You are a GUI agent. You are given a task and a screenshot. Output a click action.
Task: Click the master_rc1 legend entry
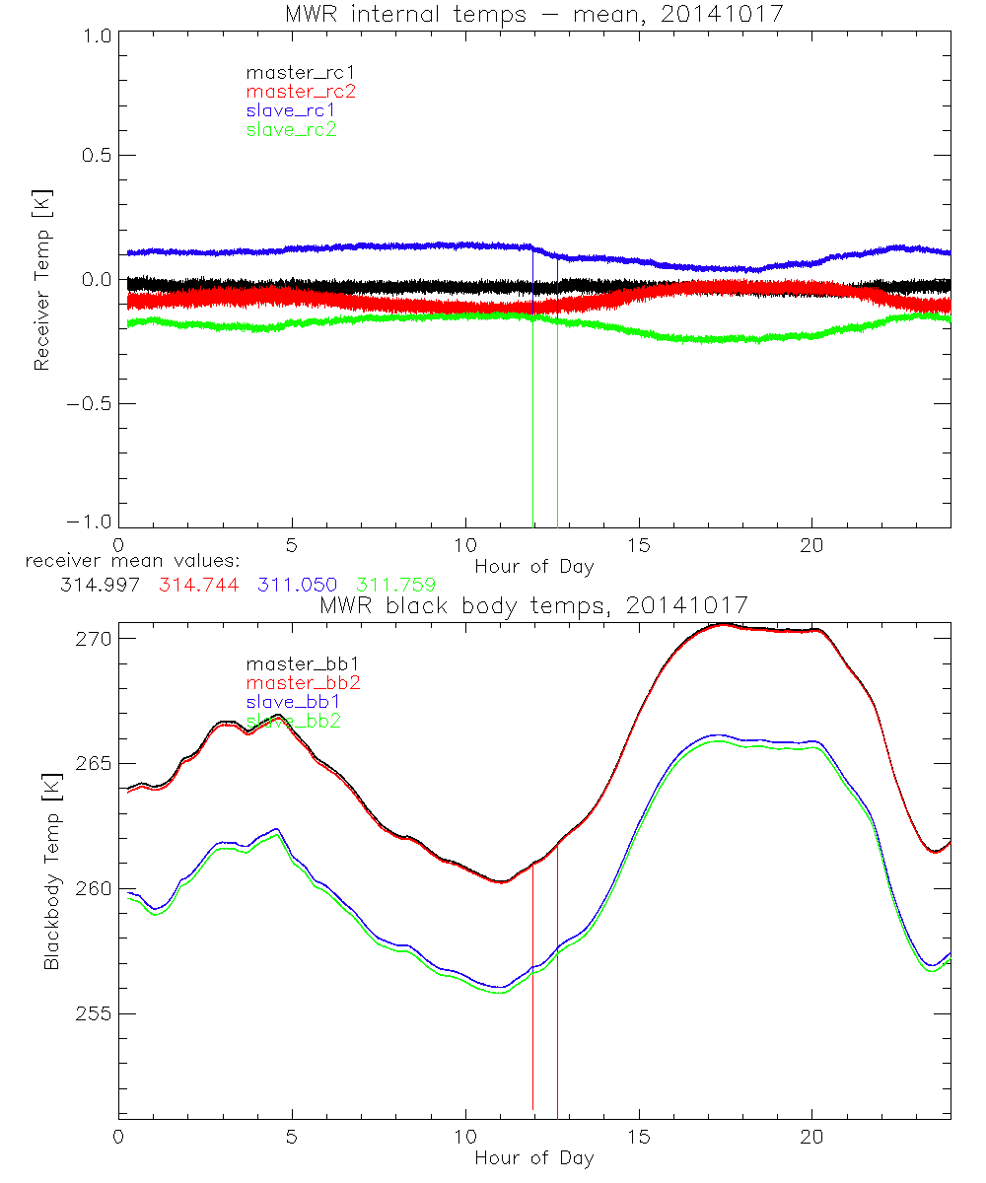[x=291, y=72]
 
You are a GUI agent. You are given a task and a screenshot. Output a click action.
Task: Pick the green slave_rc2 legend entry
[x=291, y=129]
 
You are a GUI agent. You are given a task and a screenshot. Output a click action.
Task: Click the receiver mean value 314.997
[x=100, y=585]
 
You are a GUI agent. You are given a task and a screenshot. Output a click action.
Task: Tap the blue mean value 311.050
[x=298, y=585]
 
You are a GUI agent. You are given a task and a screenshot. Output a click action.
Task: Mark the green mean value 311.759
[x=396, y=585]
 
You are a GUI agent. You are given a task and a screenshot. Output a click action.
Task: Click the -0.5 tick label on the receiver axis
[x=90, y=404]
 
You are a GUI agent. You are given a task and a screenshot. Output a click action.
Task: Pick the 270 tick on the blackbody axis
[x=95, y=639]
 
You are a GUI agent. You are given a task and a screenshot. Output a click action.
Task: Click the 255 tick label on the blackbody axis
[x=95, y=1013]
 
